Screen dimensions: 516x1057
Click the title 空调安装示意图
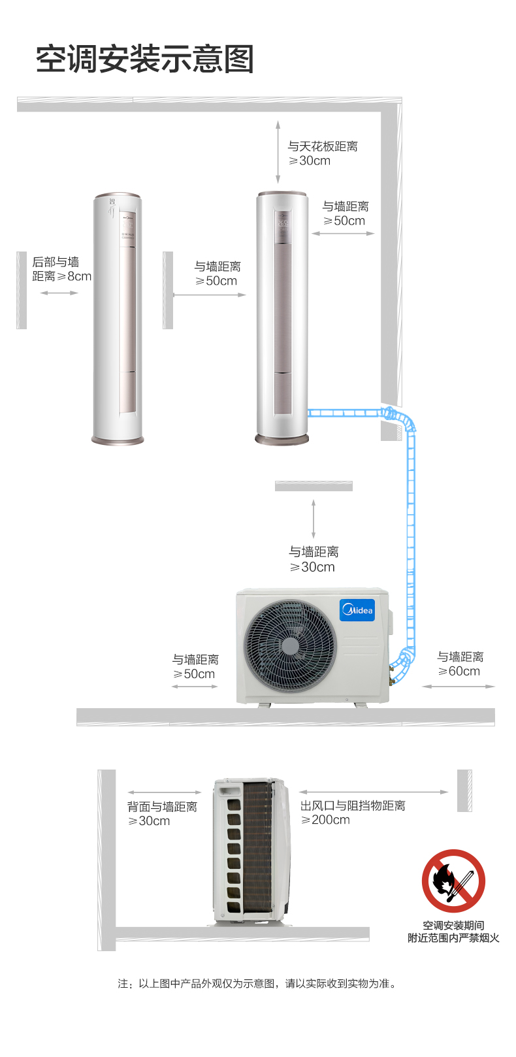click(x=145, y=59)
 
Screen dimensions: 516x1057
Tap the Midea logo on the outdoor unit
click(x=357, y=610)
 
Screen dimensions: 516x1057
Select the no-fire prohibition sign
click(x=453, y=881)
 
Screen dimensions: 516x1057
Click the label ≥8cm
click(x=74, y=276)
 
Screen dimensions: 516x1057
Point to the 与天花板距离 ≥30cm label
click(x=323, y=154)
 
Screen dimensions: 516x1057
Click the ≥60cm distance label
click(x=459, y=671)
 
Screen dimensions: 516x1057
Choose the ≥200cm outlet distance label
click(x=325, y=820)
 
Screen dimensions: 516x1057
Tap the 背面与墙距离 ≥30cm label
click(x=162, y=813)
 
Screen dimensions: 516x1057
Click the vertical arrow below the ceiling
click(x=278, y=152)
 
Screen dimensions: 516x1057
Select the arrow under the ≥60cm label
click(x=458, y=687)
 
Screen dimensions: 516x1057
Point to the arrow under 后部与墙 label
click(x=59, y=293)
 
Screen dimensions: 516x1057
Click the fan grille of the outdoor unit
click(x=290, y=646)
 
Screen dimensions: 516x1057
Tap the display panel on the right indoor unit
click(x=283, y=227)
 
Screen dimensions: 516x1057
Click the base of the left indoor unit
click(x=118, y=440)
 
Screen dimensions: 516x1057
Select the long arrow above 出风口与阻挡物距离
click(x=373, y=792)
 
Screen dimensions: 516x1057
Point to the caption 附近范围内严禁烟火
click(x=453, y=937)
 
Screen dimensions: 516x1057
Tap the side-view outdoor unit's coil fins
click(x=257, y=847)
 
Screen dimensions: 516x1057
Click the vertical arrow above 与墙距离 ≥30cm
click(x=314, y=519)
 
